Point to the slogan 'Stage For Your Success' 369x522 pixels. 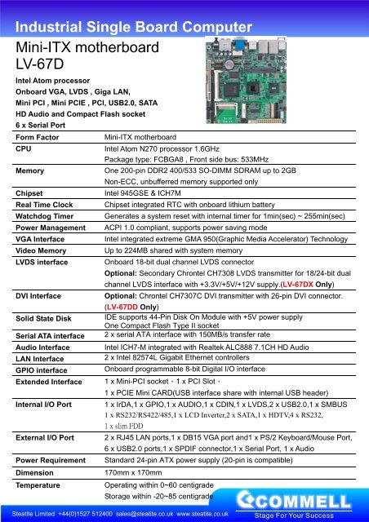(305, 513)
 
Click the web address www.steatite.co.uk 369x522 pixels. (204, 514)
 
